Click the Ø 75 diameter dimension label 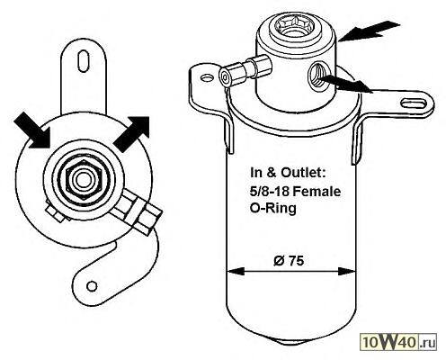[x=289, y=260]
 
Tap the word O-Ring [x=273, y=209]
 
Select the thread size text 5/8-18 [x=270, y=191]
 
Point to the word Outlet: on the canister [x=303, y=173]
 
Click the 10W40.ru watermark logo [x=398, y=342]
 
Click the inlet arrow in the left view [x=31, y=130]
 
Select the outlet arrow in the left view [x=131, y=134]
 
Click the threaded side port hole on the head [x=318, y=76]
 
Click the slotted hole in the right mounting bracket [x=414, y=103]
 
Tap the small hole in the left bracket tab [x=206, y=78]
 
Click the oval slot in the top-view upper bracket [x=84, y=60]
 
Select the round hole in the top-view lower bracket [x=92, y=285]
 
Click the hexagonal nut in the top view [x=85, y=180]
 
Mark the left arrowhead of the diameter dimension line [x=236, y=272]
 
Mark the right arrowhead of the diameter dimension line [x=347, y=272]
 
